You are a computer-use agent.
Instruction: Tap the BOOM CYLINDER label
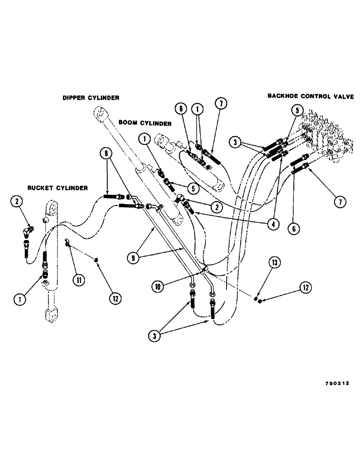coord(145,123)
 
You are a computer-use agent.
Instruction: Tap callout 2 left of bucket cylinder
coord(18,202)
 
